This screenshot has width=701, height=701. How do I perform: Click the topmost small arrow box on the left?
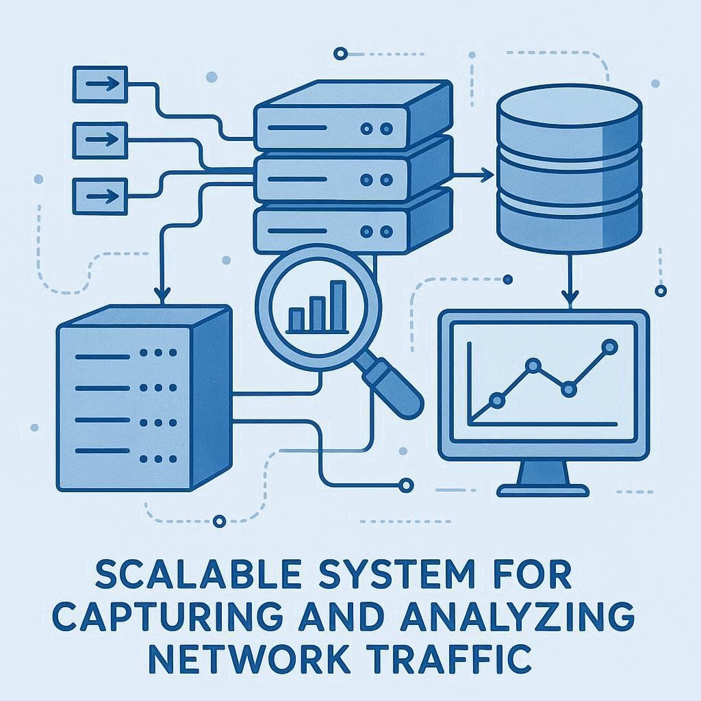coord(100,84)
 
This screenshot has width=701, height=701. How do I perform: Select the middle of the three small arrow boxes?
coord(100,140)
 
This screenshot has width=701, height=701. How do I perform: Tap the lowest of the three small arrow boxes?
coord(100,195)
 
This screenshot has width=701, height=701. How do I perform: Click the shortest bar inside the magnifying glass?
coord(296,318)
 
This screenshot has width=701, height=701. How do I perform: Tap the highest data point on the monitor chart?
coord(607,347)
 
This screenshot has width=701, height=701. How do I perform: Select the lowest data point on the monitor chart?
coord(498,399)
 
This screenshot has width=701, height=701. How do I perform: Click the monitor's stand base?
coord(543,489)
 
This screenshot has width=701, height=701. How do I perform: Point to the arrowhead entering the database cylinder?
coord(487,177)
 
